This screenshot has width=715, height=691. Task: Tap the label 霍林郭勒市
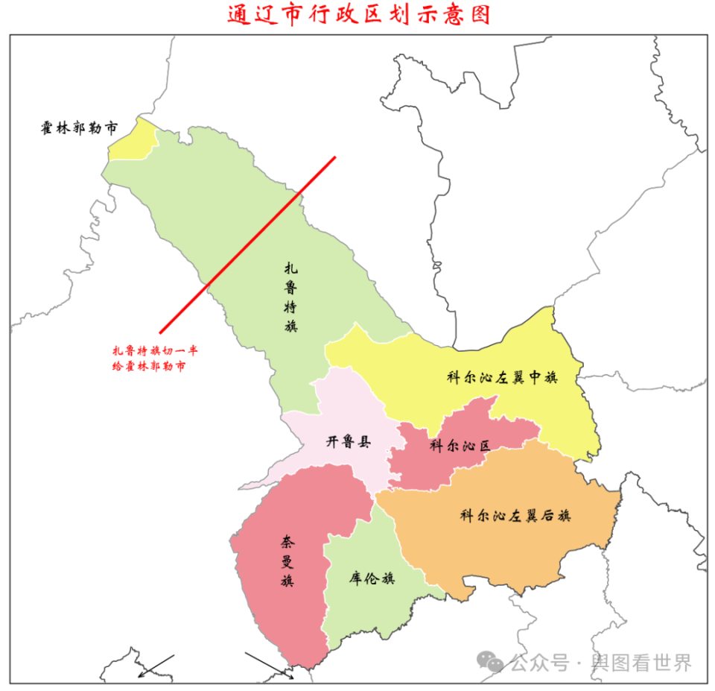coord(79,127)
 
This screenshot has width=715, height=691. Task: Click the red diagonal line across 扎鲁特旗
coord(247,244)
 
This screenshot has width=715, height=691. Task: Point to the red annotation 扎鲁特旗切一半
coord(156,350)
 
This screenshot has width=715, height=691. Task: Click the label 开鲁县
coord(348,441)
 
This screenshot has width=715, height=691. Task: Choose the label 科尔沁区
coord(460,446)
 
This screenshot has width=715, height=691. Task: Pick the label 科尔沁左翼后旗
coord(515,515)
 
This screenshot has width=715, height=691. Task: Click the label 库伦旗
coord(372,578)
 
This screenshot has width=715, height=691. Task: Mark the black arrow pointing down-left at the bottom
coord(156,666)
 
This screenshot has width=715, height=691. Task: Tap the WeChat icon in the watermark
coord(490,662)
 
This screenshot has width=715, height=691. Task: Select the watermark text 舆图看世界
coord(641,662)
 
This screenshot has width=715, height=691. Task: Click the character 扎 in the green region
coord(291,268)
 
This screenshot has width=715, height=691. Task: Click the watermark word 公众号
coord(539,662)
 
